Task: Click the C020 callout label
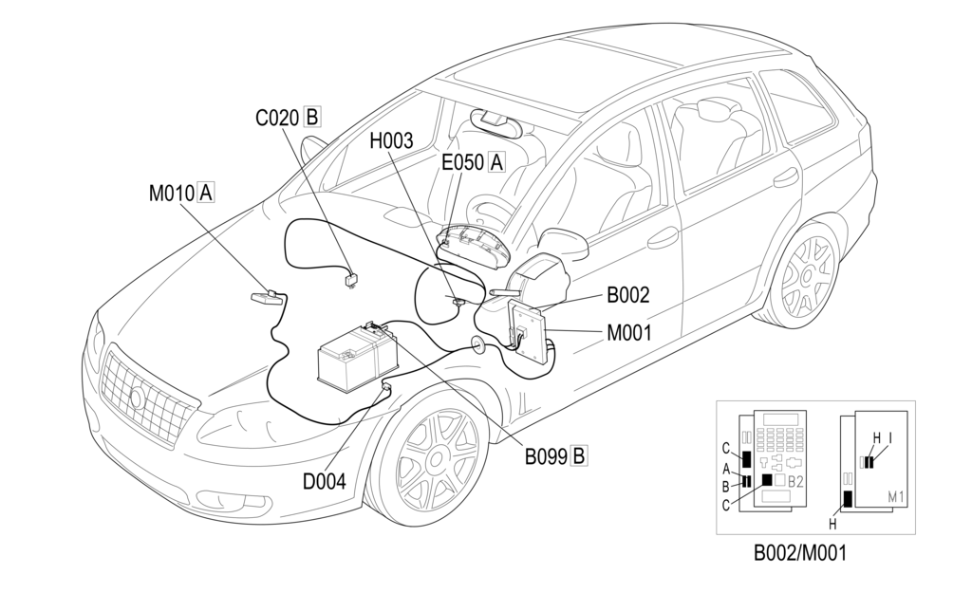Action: [x=276, y=118]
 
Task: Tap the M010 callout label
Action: [x=171, y=194]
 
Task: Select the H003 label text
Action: [x=391, y=141]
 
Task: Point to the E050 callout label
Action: [x=462, y=162]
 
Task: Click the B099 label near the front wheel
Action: [x=546, y=456]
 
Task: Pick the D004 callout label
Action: [x=324, y=481]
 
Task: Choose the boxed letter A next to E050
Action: [x=495, y=162]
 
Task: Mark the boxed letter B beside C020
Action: [x=310, y=118]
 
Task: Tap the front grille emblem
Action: [x=137, y=398]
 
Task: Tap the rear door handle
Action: [x=785, y=176]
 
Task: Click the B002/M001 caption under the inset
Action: [x=798, y=552]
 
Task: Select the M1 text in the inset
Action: [x=895, y=496]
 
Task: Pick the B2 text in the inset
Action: [x=795, y=481]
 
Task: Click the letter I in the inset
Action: [x=889, y=437]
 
